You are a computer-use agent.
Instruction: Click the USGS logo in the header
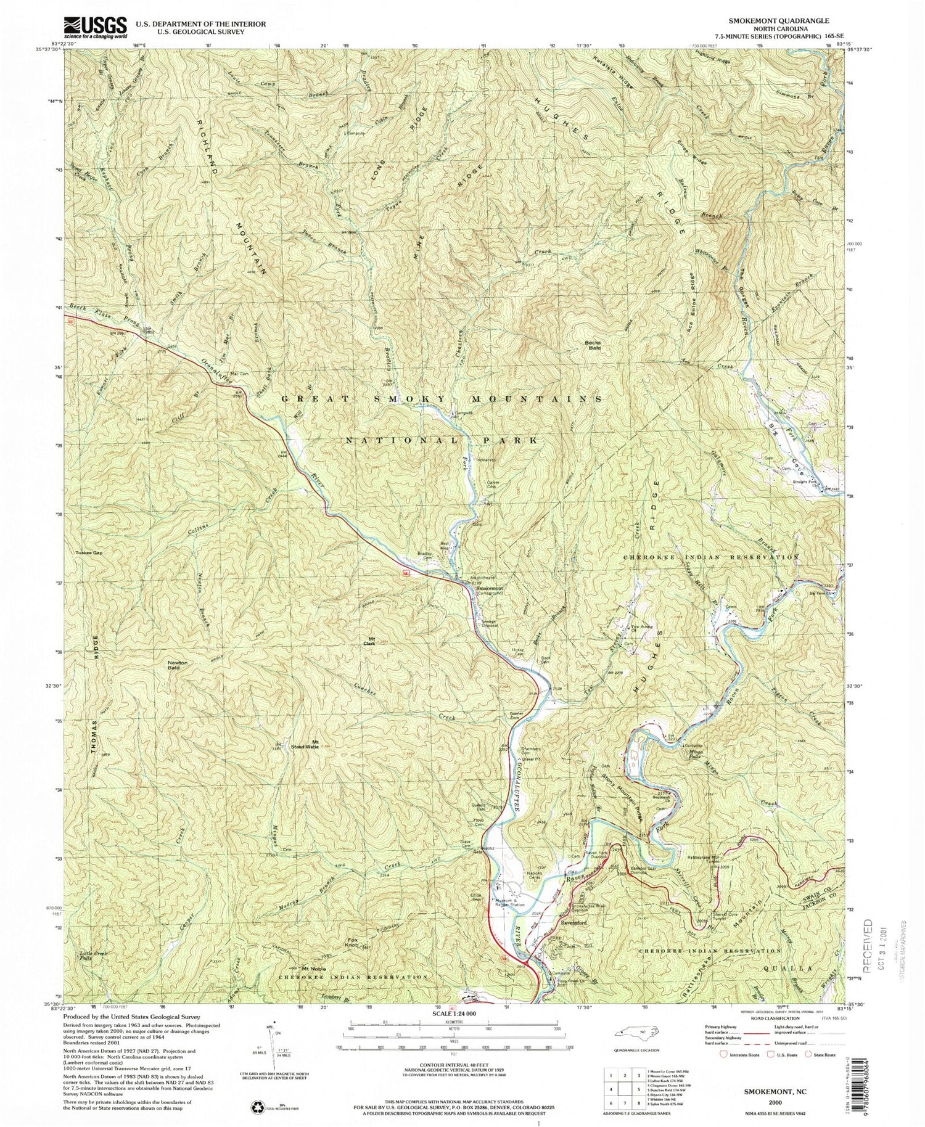pos(96,28)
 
